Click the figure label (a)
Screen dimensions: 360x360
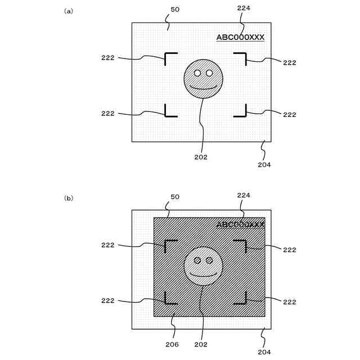69,11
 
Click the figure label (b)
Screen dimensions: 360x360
69,198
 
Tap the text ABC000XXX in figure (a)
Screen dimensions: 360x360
240,37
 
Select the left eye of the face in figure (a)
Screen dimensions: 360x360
197,73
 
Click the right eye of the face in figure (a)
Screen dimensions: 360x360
209,73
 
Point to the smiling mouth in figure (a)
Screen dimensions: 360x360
203,87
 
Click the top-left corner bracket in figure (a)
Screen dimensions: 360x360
169,57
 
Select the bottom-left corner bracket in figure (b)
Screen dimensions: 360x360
169,299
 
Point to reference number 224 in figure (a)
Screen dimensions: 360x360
244,8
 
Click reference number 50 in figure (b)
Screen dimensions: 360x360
175,196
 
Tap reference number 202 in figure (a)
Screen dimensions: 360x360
201,157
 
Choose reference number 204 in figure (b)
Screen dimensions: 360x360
264,352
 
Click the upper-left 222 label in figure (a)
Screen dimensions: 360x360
108,58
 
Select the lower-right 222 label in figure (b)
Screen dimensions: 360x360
289,302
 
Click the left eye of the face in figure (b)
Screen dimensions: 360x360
197,260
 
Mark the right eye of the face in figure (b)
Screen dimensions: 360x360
209,260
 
